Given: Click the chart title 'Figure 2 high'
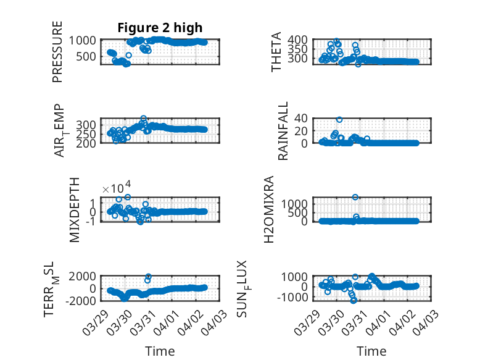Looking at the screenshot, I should coord(160,27).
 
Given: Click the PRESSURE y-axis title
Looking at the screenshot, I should coord(57,52).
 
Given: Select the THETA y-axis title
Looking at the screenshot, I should coord(276,52).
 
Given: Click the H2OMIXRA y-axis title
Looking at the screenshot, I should coord(270,209).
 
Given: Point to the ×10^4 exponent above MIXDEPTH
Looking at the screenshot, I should coord(115,188).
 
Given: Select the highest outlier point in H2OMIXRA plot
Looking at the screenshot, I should coord(355,197).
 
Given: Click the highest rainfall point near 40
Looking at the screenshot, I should coord(339,119).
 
